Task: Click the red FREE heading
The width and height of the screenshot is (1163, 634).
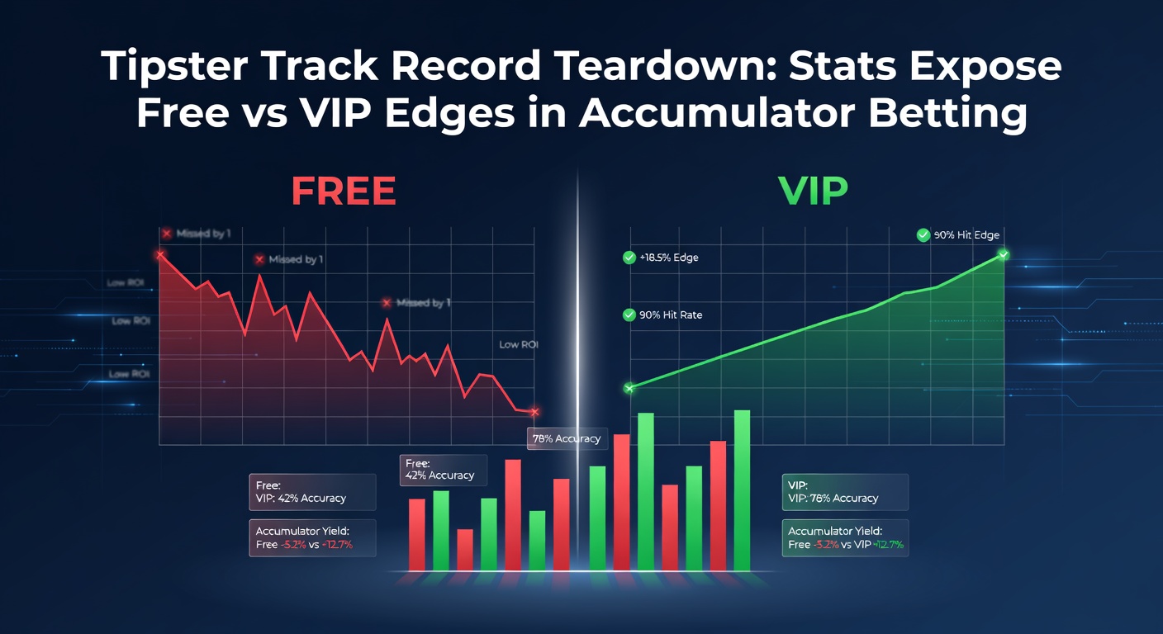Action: (343, 190)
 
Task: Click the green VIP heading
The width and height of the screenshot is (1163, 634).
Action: (813, 190)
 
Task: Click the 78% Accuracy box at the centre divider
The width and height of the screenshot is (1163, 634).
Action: (567, 438)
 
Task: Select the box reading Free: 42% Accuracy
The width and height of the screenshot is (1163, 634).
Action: (443, 470)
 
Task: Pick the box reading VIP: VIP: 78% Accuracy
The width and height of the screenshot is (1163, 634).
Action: (845, 492)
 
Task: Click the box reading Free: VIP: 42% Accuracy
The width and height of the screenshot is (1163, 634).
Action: (312, 492)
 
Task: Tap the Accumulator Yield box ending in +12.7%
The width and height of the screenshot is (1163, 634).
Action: (845, 537)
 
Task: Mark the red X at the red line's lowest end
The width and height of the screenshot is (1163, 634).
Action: (534, 411)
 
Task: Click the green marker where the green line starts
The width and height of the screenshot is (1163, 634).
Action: (629, 387)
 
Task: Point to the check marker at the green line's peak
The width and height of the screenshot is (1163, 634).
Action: (1003, 254)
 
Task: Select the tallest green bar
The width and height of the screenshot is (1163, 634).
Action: (742, 490)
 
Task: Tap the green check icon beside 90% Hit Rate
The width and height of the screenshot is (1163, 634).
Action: (629, 315)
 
